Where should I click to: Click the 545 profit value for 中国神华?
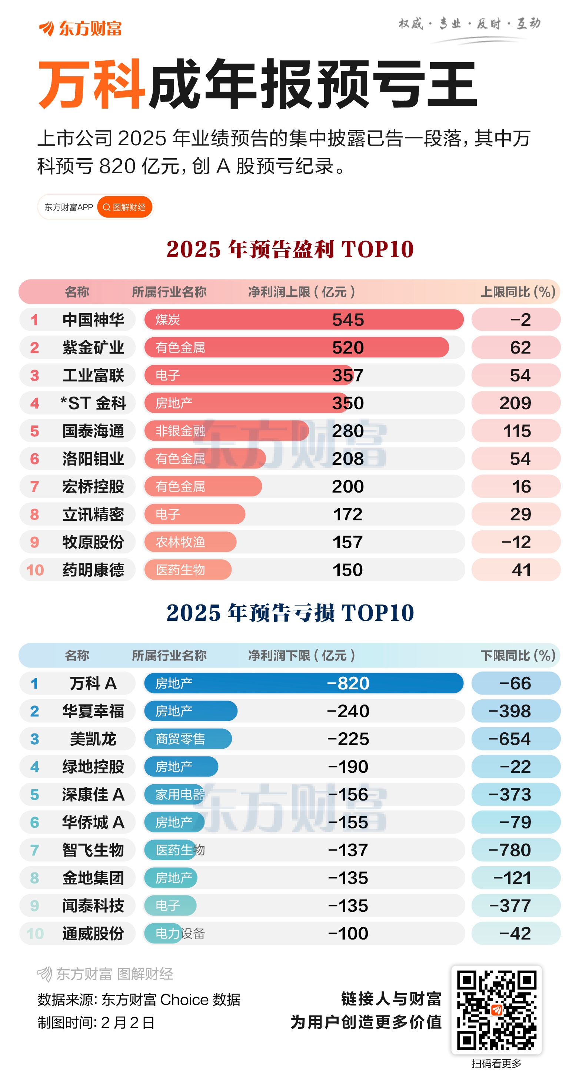(347, 320)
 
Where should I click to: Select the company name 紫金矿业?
(93, 348)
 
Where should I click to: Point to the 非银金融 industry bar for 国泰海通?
(226, 431)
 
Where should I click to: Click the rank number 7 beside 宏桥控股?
(35, 487)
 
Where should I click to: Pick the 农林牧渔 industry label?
(181, 542)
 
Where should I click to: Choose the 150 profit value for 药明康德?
(347, 570)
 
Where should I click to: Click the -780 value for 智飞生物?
(509, 850)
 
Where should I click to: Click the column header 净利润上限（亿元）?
(301, 292)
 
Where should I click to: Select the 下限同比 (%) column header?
(518, 655)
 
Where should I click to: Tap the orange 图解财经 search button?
(125, 207)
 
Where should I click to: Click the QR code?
(496, 1010)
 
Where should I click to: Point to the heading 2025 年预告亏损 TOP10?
(290, 613)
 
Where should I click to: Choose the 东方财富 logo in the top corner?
(80, 28)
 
